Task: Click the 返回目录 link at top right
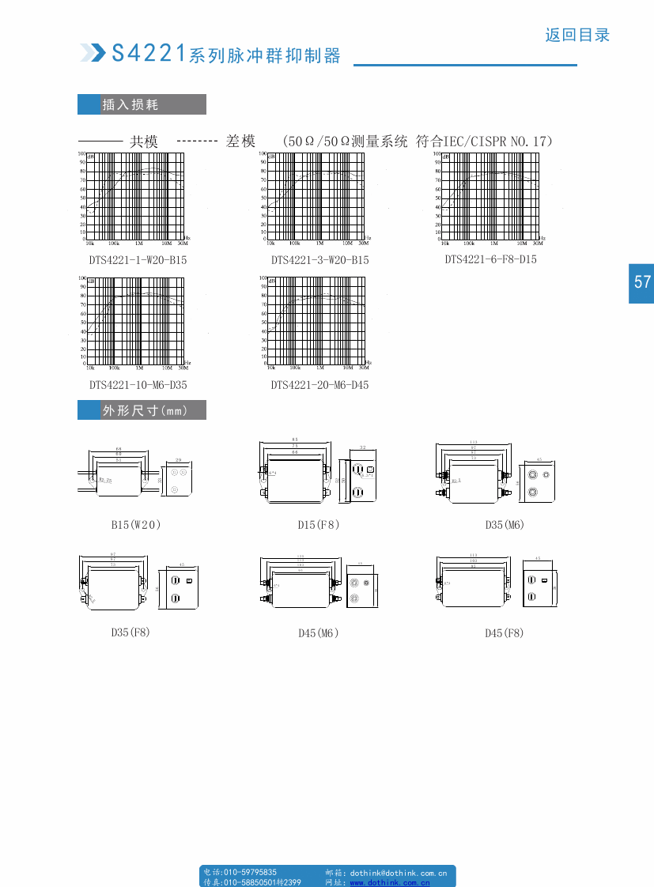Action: click(577, 35)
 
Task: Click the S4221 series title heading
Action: click(225, 54)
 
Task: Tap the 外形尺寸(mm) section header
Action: click(142, 410)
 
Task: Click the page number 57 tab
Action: click(641, 282)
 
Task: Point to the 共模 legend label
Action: click(144, 142)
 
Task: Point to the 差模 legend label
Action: click(240, 142)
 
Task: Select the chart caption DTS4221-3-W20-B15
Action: click(319, 259)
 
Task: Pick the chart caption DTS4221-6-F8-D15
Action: click(490, 259)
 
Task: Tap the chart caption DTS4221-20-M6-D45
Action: click(319, 385)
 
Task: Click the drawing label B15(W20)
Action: click(135, 524)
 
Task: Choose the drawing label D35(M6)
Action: click(505, 524)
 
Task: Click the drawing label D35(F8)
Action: click(130, 632)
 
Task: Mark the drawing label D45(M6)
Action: click(318, 632)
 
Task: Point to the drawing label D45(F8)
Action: click(505, 632)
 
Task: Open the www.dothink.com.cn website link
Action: click(390, 882)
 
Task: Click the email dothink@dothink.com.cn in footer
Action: click(398, 873)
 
